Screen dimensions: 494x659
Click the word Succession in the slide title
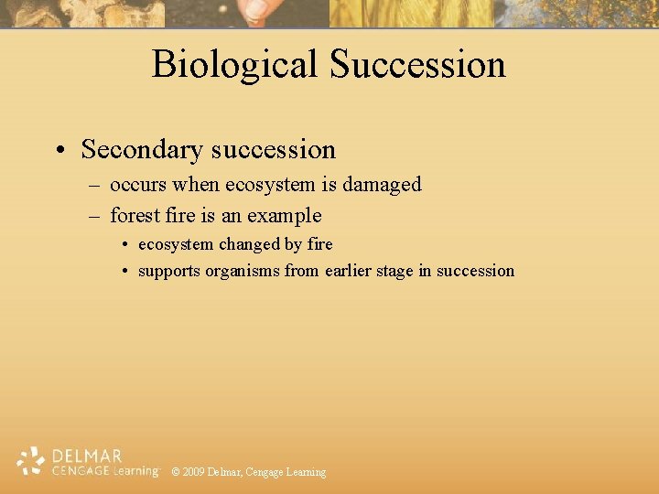pyautogui.click(x=417, y=65)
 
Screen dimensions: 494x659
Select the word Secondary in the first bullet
pyautogui.click(x=143, y=149)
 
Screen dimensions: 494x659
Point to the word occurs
pyautogui.click(x=138, y=185)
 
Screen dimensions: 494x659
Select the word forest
pyautogui.click(x=133, y=216)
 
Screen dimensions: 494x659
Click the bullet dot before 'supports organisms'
pyautogui.click(x=124, y=271)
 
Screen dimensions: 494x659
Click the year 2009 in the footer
pyautogui.click(x=193, y=472)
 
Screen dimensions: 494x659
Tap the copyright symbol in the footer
pyautogui.click(x=176, y=472)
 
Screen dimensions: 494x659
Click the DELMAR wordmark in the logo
pyautogui.click(x=87, y=455)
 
